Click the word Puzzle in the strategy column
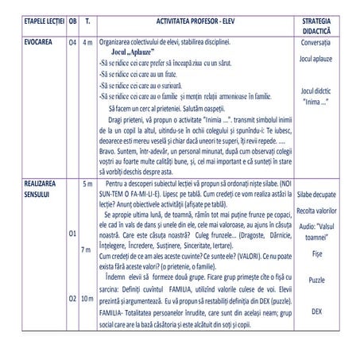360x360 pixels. coord(315,280)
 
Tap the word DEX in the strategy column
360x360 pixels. coord(315,312)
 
